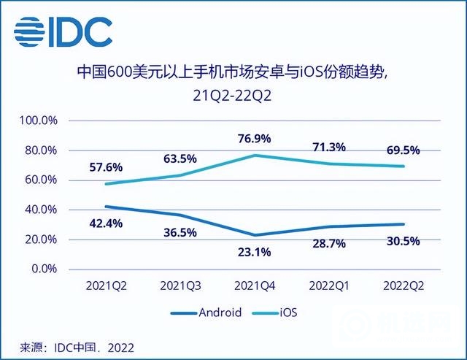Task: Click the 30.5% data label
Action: tap(403, 242)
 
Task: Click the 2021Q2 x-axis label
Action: tap(107, 286)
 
